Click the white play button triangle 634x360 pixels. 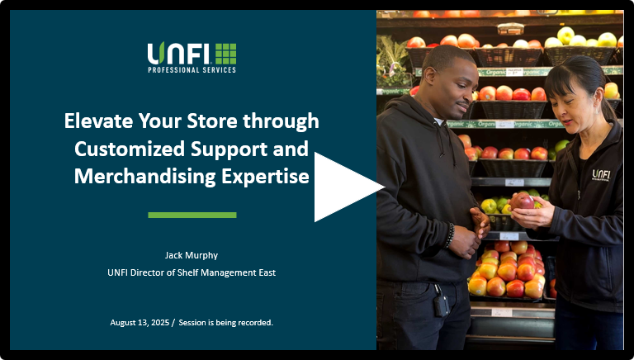343,187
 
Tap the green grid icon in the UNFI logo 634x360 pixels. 225,54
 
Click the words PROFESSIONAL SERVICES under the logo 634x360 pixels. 192,70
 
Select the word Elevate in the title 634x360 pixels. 98,121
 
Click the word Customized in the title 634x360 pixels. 130,149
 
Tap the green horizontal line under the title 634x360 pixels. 192,216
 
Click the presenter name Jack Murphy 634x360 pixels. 192,256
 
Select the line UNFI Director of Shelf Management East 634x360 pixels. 192,272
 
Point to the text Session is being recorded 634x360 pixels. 226,323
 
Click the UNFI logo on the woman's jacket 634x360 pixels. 601,175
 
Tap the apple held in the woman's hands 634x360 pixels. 523,201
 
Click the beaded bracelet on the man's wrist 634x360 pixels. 449,235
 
